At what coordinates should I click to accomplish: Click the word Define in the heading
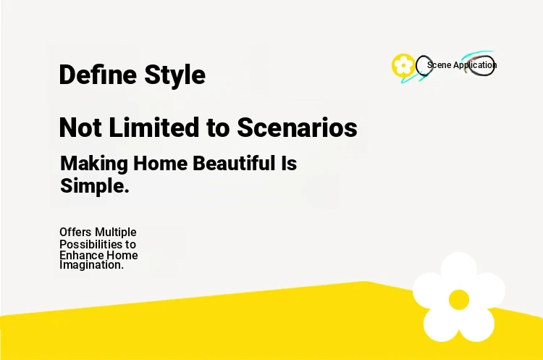pyautogui.click(x=98, y=74)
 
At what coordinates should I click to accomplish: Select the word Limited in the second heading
pyautogui.click(x=154, y=127)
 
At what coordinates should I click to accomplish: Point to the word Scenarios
pyautogui.click(x=297, y=127)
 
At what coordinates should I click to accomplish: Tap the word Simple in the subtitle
pyautogui.click(x=95, y=186)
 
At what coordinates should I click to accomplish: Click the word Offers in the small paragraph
pyautogui.click(x=75, y=232)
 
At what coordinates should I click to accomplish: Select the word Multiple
pyautogui.click(x=115, y=233)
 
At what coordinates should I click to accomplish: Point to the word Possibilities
pyautogui.click(x=91, y=245)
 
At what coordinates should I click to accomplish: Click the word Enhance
pyautogui.click(x=81, y=256)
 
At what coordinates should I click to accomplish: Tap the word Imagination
pyautogui.click(x=91, y=265)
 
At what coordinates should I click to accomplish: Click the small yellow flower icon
pyautogui.click(x=403, y=65)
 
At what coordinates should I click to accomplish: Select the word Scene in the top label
pyautogui.click(x=439, y=64)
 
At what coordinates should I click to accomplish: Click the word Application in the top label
pyautogui.click(x=475, y=65)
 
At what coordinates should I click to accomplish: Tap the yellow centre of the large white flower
pyautogui.click(x=459, y=300)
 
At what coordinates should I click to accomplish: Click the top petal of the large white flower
pyautogui.click(x=458, y=269)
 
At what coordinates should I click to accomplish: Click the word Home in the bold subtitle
pyautogui.click(x=160, y=163)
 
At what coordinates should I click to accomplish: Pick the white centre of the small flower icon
pyautogui.click(x=403, y=65)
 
